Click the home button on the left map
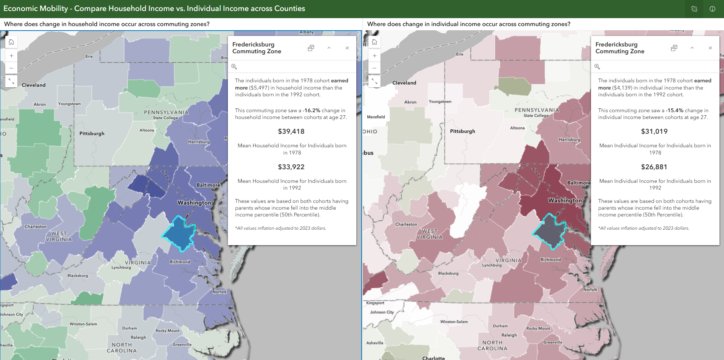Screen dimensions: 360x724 pyautogui.click(x=11, y=42)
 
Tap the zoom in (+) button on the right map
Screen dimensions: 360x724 pyautogui.click(x=374, y=56)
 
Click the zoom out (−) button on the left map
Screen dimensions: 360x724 pyautogui.click(x=11, y=68)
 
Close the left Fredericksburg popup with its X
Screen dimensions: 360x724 pyautogui.click(x=347, y=48)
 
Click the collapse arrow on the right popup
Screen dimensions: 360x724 pyautogui.click(x=692, y=48)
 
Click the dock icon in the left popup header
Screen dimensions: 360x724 pyautogui.click(x=311, y=48)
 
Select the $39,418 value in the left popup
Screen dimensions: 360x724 pyautogui.click(x=291, y=131)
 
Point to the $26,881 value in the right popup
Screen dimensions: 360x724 pyautogui.click(x=654, y=167)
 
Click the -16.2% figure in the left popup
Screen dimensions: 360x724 pyautogui.click(x=312, y=110)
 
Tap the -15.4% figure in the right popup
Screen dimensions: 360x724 pyautogui.click(x=674, y=110)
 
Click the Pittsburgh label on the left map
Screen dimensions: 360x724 pyautogui.click(x=92, y=134)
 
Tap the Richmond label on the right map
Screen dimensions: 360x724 pyautogui.click(x=551, y=260)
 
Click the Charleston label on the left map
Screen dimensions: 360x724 pyautogui.click(x=36, y=227)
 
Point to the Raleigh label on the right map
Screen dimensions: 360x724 pyautogui.click(x=509, y=335)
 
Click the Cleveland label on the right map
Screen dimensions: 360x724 pyautogui.click(x=404, y=83)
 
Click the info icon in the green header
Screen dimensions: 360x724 pyautogui.click(x=712, y=9)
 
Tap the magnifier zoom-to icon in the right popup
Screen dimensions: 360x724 pyautogui.click(x=597, y=66)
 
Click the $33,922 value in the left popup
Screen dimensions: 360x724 pyautogui.click(x=291, y=167)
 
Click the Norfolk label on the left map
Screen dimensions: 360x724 pyautogui.click(x=220, y=292)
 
